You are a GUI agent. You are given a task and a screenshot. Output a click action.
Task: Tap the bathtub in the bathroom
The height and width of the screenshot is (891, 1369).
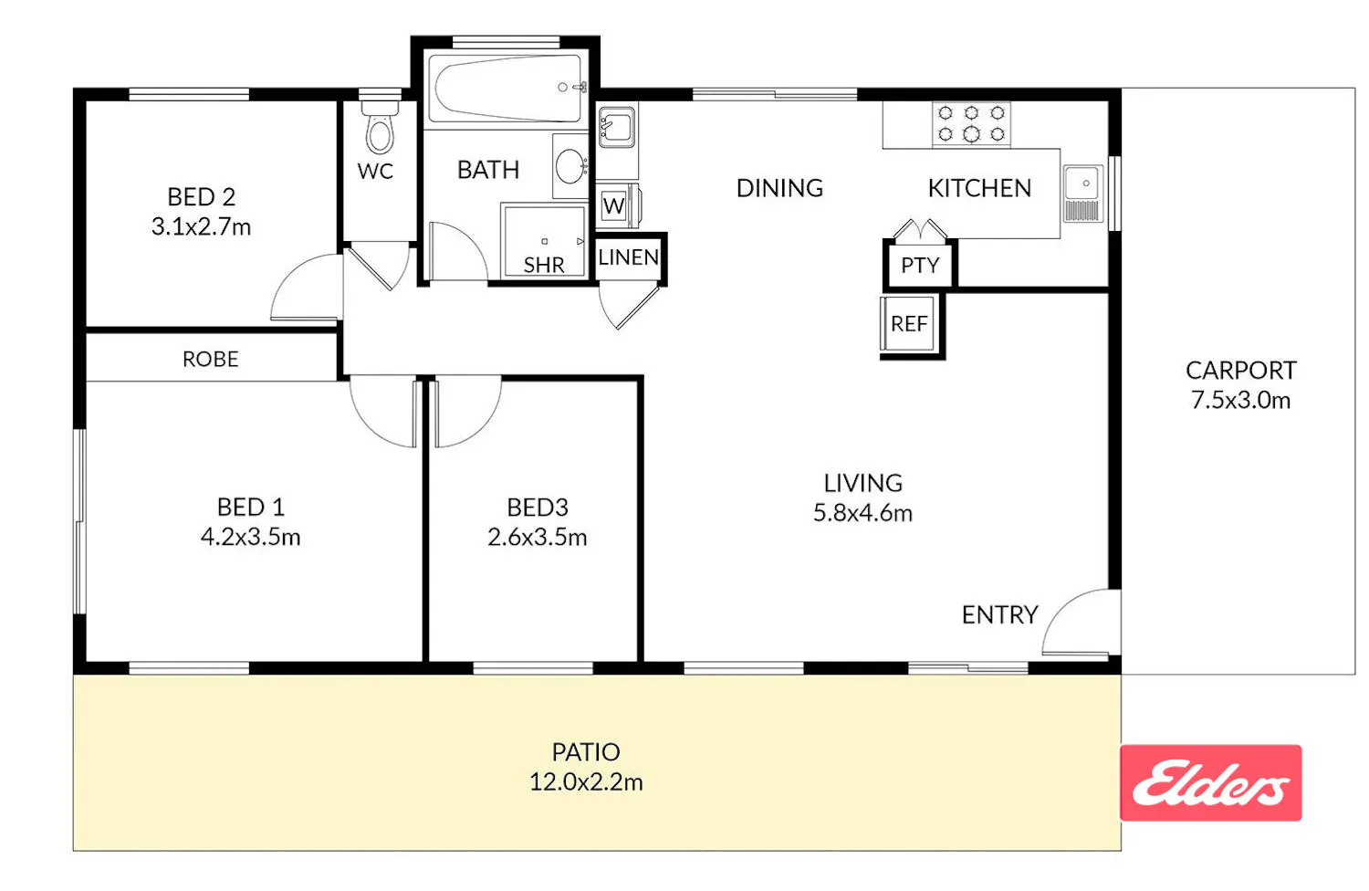(505, 89)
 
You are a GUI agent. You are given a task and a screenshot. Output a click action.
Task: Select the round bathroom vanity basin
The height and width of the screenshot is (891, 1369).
(570, 165)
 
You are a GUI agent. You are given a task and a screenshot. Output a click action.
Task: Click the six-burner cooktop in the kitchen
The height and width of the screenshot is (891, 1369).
(971, 124)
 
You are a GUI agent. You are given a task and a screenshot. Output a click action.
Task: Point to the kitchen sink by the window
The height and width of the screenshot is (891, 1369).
(1083, 194)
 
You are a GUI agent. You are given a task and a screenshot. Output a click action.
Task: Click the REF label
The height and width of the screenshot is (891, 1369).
(909, 324)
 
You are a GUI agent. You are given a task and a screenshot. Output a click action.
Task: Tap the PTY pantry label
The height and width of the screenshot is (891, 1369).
(920, 266)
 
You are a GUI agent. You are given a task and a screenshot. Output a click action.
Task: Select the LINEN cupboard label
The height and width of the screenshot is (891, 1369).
(629, 257)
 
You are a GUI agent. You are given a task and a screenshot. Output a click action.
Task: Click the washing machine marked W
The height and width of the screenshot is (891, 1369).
(616, 205)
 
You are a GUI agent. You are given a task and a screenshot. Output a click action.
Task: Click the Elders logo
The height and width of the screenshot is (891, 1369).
(1211, 782)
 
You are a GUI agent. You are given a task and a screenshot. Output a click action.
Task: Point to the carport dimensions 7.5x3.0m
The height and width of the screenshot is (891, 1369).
(1240, 400)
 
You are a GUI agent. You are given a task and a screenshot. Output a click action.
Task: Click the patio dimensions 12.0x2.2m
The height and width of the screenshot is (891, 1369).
(586, 782)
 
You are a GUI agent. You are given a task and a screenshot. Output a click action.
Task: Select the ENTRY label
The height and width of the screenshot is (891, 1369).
(1000, 615)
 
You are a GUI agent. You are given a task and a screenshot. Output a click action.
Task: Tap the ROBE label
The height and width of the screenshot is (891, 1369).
(210, 359)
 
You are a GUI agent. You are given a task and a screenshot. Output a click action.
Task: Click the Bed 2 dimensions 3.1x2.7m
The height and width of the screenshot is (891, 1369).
(201, 227)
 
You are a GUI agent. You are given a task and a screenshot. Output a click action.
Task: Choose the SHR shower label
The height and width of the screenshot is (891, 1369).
(544, 266)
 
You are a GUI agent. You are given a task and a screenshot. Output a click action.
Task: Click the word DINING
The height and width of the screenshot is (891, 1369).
(779, 188)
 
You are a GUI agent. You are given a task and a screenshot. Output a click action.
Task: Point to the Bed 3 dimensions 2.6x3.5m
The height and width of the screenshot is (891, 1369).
(538, 538)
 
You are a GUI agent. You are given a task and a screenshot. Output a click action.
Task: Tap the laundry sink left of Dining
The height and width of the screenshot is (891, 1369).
(617, 127)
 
